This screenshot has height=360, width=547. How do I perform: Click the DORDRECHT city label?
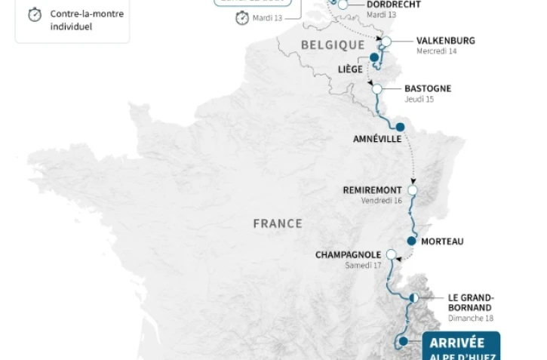393,5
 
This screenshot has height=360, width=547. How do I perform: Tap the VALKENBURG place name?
445,41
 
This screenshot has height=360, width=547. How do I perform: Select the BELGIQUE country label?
333,45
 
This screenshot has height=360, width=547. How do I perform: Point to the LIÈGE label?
350,69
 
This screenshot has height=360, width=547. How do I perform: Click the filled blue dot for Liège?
374,57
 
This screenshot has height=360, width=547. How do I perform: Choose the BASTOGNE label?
427,88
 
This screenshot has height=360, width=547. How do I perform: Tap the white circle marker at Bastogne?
377,89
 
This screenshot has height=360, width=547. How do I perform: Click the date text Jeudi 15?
419,99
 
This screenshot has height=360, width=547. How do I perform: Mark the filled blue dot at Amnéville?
400,127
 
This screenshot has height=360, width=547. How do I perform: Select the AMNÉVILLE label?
377,140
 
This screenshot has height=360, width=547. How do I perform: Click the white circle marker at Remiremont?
412,190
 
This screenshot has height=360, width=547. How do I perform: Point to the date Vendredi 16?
382,201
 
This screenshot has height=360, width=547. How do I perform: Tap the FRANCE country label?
278,223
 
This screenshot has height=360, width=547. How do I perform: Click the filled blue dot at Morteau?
411,242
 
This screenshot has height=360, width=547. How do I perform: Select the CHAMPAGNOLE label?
348,255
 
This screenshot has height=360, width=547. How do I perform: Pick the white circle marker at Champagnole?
391,254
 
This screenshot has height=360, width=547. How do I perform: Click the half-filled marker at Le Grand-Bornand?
413,298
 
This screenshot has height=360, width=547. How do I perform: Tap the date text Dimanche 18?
470,318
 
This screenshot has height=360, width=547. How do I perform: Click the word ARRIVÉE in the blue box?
457,343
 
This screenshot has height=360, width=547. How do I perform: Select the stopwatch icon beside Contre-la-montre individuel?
35,15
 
